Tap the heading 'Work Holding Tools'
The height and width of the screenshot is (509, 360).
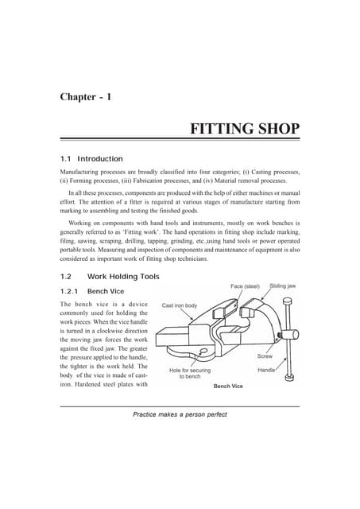coord(123,277)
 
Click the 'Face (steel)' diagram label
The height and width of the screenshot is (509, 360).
coord(246,286)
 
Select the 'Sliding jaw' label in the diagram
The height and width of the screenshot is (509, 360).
coord(283,285)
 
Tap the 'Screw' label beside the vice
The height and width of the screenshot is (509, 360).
coord(265,357)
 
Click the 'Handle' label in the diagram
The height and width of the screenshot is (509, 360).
coord(267,371)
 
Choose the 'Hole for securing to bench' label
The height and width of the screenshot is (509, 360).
coord(189,373)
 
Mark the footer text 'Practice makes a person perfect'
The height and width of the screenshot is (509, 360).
coord(180,414)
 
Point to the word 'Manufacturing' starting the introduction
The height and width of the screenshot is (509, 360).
coord(83,171)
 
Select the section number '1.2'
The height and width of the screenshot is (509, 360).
coord(67,277)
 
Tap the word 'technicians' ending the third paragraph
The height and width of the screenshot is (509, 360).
coord(192,259)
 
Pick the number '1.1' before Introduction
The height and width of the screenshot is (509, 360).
coord(67,158)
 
